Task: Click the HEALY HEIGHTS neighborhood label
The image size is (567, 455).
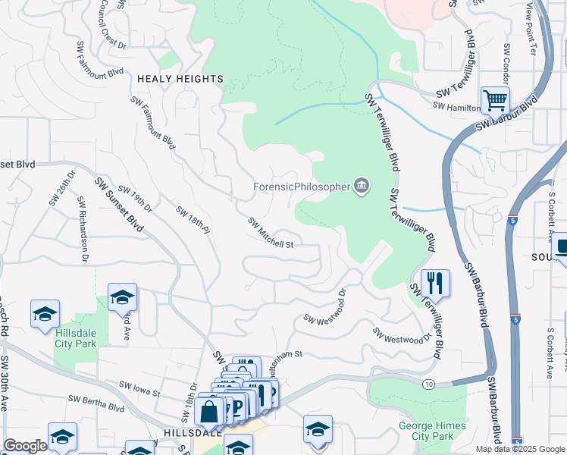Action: [180, 79]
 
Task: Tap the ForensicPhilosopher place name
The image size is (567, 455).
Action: [301, 186]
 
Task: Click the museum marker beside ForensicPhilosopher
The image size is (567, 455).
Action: [362, 186]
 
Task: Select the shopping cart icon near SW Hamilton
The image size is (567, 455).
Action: [494, 99]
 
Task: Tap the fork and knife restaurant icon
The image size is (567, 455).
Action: [435, 283]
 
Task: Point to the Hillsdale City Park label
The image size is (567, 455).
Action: [76, 337]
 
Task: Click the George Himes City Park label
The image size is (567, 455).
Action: [426, 431]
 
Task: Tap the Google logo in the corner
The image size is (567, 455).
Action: [25, 446]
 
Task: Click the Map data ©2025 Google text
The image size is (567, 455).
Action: [521, 449]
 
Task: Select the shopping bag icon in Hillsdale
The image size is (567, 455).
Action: [208, 413]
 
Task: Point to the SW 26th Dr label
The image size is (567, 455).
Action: [66, 193]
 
